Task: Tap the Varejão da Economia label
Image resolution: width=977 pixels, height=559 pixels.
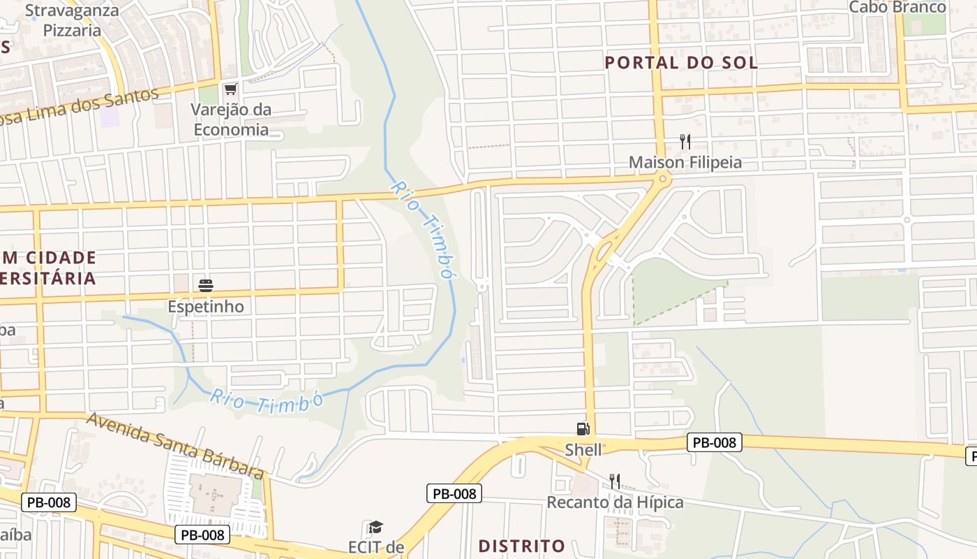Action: click(x=231, y=119)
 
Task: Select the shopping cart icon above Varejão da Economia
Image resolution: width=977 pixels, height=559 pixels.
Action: click(x=231, y=89)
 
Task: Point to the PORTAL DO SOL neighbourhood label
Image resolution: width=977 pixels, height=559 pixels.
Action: click(x=681, y=62)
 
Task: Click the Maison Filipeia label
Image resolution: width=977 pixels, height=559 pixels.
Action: click(x=685, y=163)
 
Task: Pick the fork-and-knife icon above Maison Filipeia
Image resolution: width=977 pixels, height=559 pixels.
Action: click(x=685, y=143)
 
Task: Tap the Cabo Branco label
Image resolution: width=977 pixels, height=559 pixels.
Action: click(x=897, y=8)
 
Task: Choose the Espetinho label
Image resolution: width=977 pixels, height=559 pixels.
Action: click(x=206, y=307)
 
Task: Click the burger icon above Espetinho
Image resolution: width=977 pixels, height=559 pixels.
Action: click(x=206, y=285)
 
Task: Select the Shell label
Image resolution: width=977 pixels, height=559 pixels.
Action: click(x=583, y=450)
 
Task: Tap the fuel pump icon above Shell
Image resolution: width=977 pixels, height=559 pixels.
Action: click(x=583, y=429)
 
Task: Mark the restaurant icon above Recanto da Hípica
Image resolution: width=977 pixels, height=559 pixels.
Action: click(x=615, y=481)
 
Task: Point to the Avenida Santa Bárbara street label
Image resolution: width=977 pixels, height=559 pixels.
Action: click(x=174, y=445)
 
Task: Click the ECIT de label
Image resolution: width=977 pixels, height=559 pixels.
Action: click(x=376, y=546)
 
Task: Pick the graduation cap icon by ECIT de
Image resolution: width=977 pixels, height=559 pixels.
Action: click(x=376, y=528)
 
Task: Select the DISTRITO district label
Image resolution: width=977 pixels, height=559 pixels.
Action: click(x=522, y=545)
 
